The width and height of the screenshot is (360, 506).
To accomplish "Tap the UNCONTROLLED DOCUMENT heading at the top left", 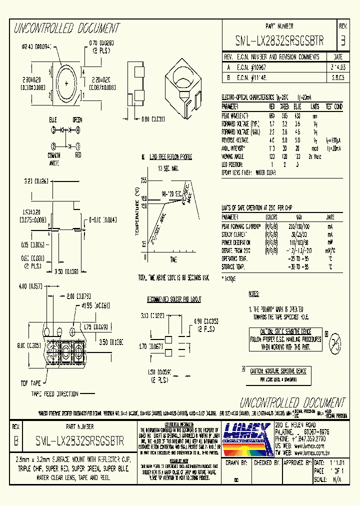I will coord(66,28).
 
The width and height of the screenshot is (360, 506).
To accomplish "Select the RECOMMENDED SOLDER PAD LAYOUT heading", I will coord(173,299).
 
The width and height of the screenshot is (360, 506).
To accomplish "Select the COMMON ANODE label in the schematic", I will coord(54,158).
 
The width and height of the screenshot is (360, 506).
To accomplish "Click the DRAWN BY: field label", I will coord(236,463).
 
